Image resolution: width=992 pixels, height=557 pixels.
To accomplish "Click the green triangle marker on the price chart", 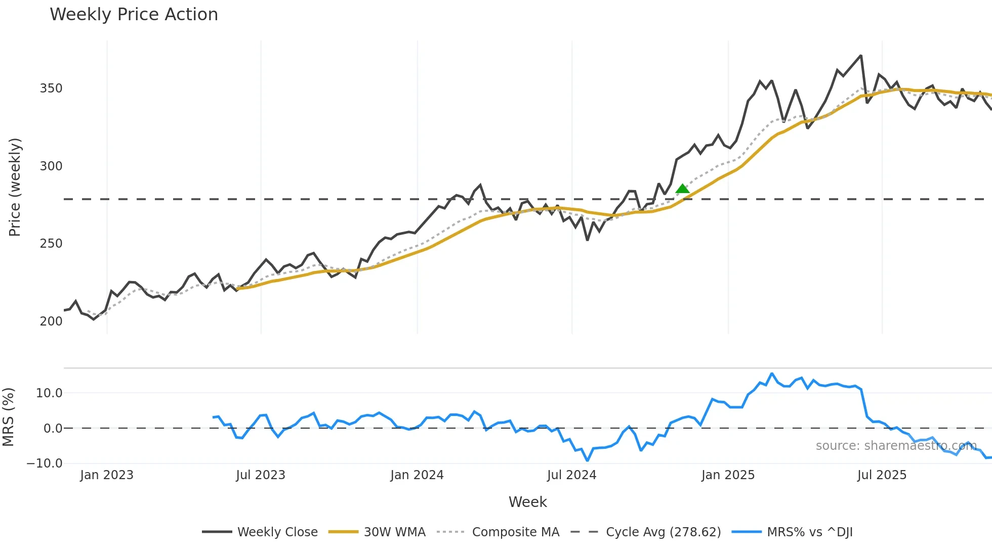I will (682, 189).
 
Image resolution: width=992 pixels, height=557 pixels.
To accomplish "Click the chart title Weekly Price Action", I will (134, 15).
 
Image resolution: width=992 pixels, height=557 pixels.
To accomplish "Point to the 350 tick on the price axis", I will (51, 88).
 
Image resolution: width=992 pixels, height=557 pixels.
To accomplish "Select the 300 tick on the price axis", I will (51, 166).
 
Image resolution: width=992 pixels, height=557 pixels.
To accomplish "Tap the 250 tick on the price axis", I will (51, 244).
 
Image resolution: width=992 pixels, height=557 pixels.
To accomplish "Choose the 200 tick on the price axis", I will (51, 321).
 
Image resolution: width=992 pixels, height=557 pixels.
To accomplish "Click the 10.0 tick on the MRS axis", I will (49, 393).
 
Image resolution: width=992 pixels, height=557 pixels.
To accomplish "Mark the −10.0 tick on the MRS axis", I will (45, 463).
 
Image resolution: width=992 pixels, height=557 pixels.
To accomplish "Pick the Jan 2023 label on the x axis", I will (107, 476).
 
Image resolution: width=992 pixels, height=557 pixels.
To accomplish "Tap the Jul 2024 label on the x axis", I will (572, 476).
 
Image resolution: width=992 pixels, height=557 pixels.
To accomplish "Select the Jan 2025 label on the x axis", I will (728, 476).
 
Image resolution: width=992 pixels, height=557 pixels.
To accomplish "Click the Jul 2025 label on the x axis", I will (882, 476).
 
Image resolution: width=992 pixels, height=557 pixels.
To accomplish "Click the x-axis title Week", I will (527, 502).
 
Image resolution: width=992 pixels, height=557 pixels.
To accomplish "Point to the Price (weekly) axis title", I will (15, 187).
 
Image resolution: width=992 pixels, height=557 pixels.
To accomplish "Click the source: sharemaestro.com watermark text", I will (896, 446).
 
